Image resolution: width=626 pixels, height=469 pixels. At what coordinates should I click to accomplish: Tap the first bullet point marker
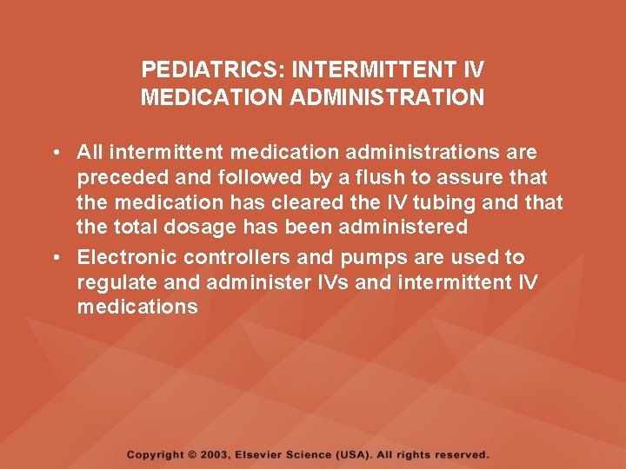click(x=55, y=153)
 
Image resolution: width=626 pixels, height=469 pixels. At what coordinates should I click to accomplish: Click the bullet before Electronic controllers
click(x=55, y=258)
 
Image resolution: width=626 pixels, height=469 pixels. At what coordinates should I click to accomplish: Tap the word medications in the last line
click(x=137, y=307)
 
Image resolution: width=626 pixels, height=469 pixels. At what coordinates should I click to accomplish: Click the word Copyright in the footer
click(x=156, y=455)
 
